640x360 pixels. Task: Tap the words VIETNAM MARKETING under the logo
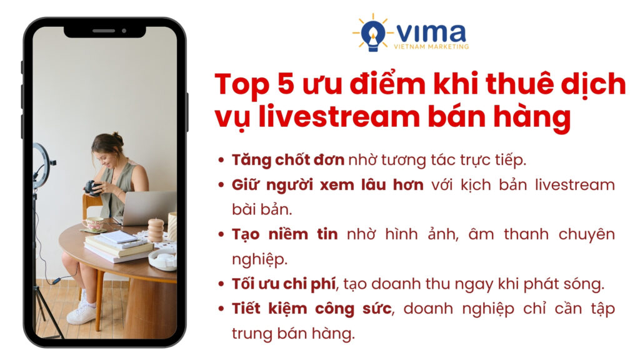coord(431,46)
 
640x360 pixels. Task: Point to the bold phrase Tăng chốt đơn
coord(288,159)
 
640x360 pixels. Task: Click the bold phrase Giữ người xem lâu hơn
coord(327,185)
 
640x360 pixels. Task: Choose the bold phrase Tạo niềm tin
coord(285,234)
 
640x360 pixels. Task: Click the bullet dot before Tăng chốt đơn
coord(222,160)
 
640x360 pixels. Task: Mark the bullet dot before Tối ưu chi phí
coord(222,284)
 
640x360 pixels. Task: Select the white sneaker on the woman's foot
coord(82,313)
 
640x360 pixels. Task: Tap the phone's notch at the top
coord(104,30)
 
